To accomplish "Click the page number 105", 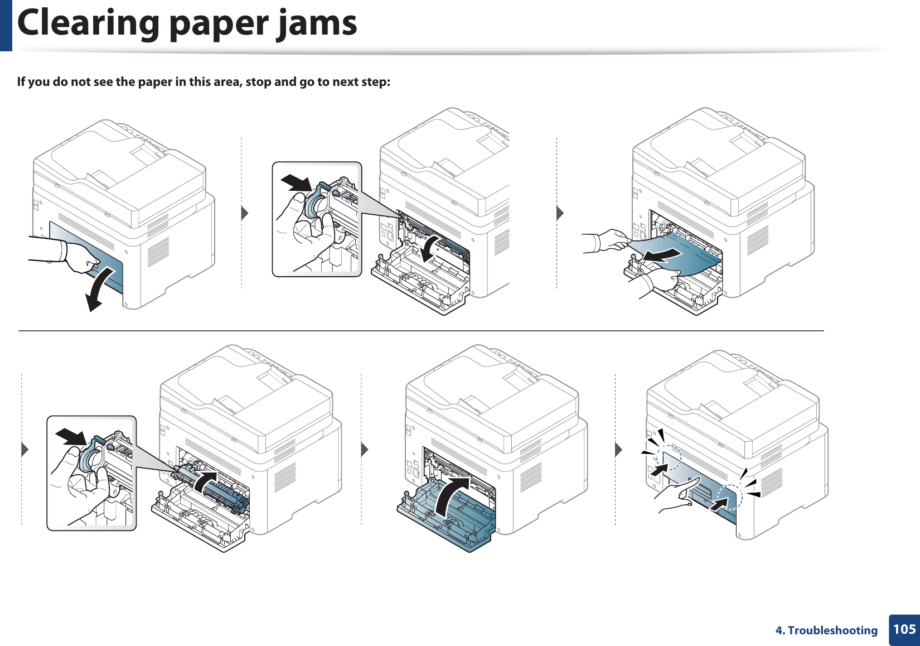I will (x=904, y=629).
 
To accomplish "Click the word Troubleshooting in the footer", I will (x=832, y=630).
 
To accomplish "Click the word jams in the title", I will (x=318, y=23).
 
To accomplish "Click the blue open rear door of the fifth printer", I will (x=446, y=519).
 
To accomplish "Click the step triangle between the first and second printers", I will (x=244, y=213).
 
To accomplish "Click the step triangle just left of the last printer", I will (x=618, y=449).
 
